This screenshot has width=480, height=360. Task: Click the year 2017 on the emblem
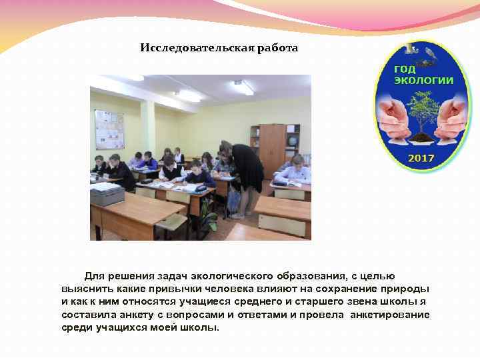421,158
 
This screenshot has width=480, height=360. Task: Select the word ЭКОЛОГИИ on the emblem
423,80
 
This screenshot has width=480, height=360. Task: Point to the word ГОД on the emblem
405,69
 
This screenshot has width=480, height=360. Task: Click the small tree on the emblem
423,115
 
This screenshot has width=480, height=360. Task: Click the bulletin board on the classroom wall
109,129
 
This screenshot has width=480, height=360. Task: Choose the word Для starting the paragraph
95,277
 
